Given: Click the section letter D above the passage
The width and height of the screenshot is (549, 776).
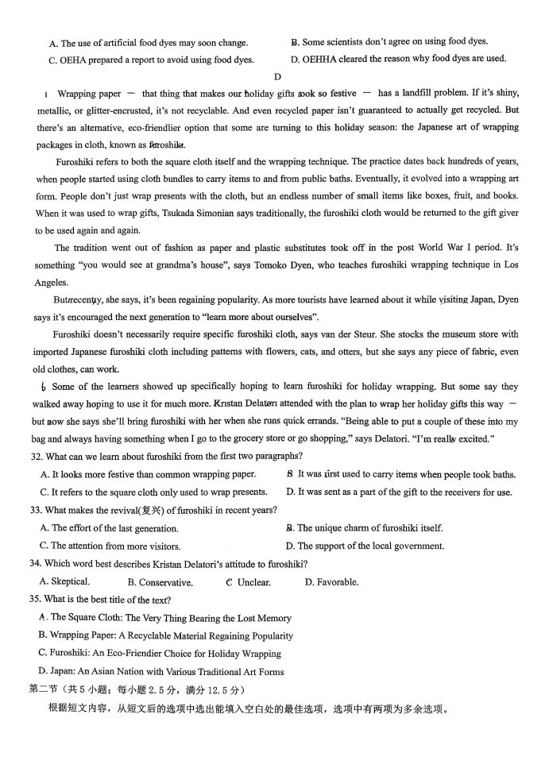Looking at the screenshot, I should (x=277, y=77).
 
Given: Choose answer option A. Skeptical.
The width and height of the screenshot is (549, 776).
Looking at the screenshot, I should (x=64, y=581).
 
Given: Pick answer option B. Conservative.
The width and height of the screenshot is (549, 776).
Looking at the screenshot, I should (x=160, y=582).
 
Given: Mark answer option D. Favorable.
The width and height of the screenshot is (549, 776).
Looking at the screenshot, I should (x=331, y=582).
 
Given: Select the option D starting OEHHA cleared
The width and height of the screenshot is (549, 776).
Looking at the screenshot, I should (x=398, y=59).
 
